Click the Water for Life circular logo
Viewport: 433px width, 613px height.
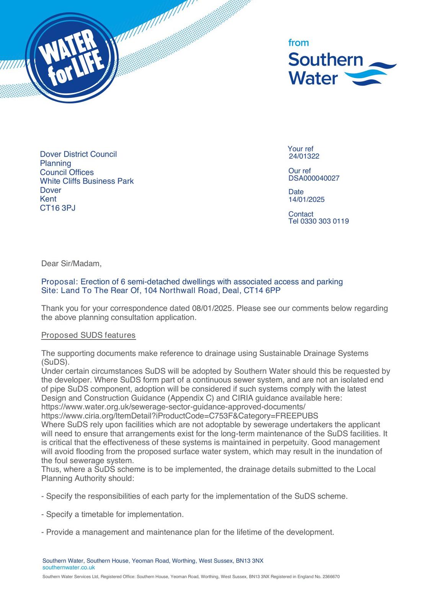tap(72, 57)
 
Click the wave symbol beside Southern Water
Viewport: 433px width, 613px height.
tap(370, 74)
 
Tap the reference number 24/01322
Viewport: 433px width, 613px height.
tap(304, 156)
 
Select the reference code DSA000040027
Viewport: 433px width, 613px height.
tap(314, 178)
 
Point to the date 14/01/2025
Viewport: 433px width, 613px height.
tap(306, 200)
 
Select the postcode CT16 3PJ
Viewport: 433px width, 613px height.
tap(58, 208)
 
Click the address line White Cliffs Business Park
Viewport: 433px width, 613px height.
tap(87, 181)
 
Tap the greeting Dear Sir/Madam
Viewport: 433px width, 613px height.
tap(72, 264)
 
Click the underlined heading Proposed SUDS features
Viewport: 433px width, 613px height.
tap(88, 335)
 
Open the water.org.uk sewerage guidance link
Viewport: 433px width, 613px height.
tap(173, 407)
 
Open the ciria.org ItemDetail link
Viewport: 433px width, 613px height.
tap(180, 416)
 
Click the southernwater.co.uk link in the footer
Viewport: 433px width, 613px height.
tap(69, 567)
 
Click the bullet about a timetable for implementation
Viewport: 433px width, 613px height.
tap(113, 515)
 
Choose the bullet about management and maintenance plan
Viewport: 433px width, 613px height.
tap(188, 532)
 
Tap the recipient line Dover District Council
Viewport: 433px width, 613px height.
tap(78, 154)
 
